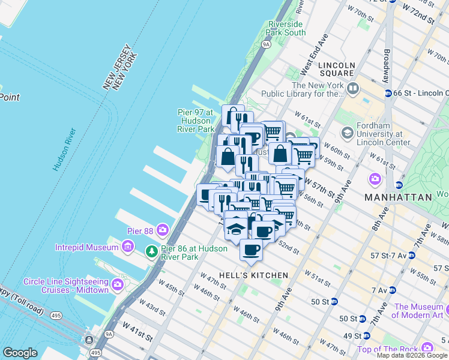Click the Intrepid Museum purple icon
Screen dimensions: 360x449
pyautogui.click(x=127, y=247)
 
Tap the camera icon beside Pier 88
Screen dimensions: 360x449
pyautogui.click(x=162, y=230)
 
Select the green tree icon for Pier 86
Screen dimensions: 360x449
pyautogui.click(x=153, y=252)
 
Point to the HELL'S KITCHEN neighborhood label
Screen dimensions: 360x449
pyautogui.click(x=253, y=275)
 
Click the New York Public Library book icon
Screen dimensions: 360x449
pyautogui.click(x=352, y=89)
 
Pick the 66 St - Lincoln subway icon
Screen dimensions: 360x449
pyautogui.click(x=388, y=94)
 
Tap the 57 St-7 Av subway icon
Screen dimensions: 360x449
pyautogui.click(x=411, y=256)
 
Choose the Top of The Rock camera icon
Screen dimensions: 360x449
pyautogui.click(x=427, y=347)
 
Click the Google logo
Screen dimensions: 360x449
pyautogui.click(x=20, y=353)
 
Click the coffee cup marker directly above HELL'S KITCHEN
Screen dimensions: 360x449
pyautogui.click(x=251, y=250)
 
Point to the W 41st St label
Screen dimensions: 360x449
pyautogui.click(x=135, y=327)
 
